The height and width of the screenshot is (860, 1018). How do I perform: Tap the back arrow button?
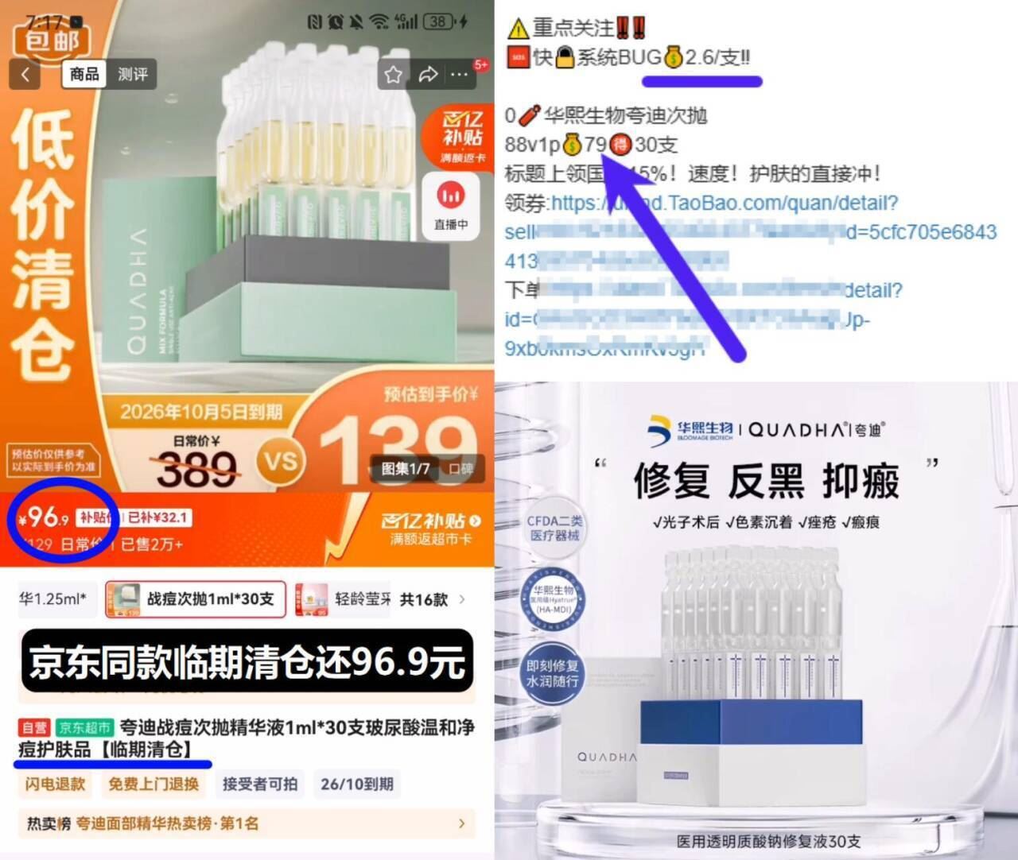[x=25, y=75]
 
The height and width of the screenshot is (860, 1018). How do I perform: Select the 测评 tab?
[x=132, y=75]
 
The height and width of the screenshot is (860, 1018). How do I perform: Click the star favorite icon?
[x=393, y=75]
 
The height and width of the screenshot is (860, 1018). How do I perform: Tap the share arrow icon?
[x=428, y=75]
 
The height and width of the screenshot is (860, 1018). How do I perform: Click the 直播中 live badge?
[x=451, y=206]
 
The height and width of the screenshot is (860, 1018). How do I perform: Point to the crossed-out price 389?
[x=196, y=469]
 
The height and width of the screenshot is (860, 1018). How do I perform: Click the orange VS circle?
[x=280, y=461]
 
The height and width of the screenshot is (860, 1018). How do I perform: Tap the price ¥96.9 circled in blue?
[x=45, y=518]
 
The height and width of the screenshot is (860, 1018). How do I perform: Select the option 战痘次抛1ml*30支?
[x=196, y=599]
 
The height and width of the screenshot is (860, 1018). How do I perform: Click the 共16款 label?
[x=424, y=599]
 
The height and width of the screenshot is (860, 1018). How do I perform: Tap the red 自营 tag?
[x=34, y=727]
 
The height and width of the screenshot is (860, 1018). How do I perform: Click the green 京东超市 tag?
[x=84, y=727]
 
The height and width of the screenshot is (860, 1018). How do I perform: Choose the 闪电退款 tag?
[x=55, y=784]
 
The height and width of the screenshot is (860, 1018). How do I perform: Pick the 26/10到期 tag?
[x=357, y=784]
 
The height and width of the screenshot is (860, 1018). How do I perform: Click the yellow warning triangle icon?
[x=518, y=29]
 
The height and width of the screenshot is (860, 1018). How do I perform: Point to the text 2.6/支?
[x=716, y=57]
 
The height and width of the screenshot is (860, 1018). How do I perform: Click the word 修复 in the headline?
[x=671, y=482]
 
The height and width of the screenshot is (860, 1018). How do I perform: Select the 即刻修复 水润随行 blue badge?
[x=553, y=673]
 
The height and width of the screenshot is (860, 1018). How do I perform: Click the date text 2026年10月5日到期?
[x=201, y=412]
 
